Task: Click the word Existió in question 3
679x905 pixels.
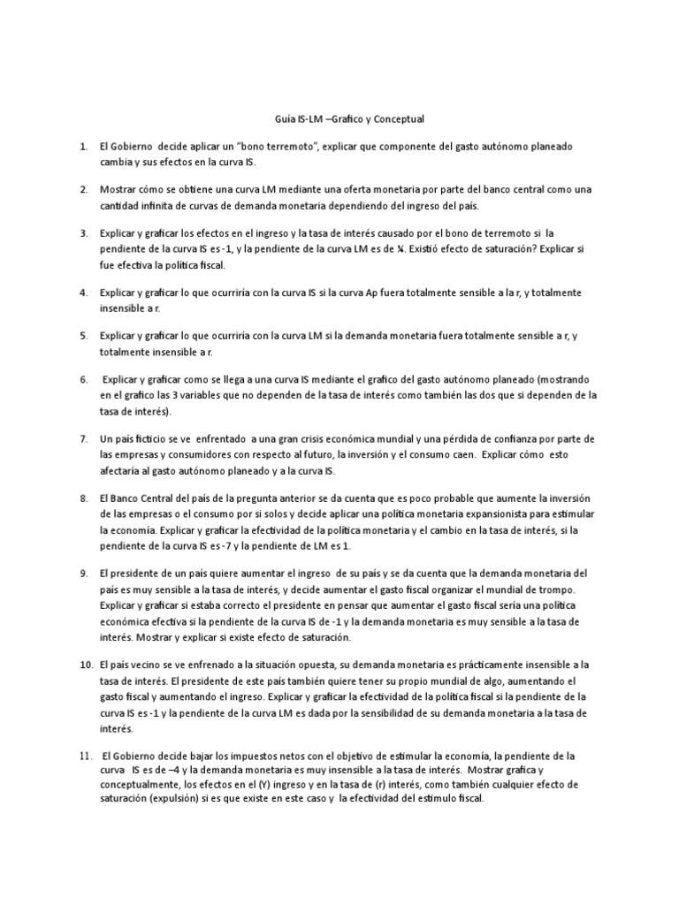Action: [421, 248]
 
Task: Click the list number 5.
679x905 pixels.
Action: [83, 337]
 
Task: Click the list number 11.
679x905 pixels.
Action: [84, 756]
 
